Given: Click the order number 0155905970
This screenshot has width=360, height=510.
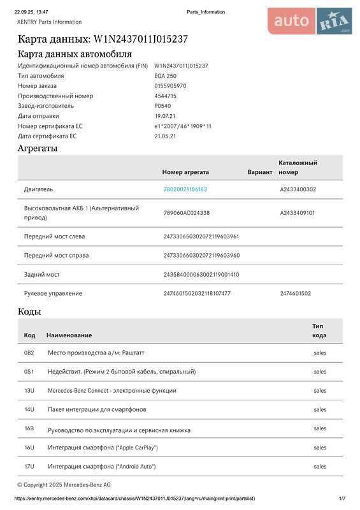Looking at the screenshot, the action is [170, 86].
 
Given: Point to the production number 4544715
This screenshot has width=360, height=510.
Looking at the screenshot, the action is [165, 96].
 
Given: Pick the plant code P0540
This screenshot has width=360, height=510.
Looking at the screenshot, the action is [162, 106].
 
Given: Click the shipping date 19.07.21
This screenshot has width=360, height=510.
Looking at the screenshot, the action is [164, 116].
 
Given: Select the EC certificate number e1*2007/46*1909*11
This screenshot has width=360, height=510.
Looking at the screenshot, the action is [183, 126].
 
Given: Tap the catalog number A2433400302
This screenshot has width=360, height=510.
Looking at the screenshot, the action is [298, 189].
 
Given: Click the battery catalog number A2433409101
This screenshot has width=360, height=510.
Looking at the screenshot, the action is [298, 213].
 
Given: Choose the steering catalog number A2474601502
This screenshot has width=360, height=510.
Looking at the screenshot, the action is [295, 293].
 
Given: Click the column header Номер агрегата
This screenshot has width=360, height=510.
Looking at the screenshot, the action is [185, 172].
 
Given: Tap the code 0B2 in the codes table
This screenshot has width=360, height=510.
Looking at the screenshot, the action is [29, 353].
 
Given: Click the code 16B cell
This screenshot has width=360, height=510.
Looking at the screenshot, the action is [29, 428].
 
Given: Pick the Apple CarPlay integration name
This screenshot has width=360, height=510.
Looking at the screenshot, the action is [102, 448].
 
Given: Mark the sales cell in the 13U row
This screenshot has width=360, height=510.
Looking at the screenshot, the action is [320, 391].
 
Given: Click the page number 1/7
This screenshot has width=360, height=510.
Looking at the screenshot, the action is [342, 498].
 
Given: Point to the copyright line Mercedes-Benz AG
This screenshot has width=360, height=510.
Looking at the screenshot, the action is [64, 485].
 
